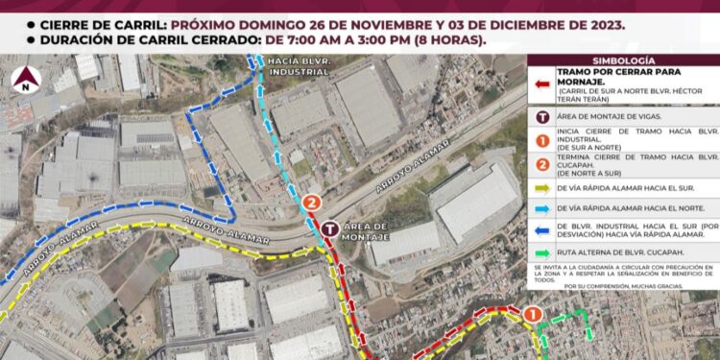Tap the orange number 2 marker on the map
311,204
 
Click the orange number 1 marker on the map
533,313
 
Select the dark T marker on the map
330,229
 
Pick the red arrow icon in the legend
541,85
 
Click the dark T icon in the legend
541,115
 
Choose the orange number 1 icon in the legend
541,138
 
